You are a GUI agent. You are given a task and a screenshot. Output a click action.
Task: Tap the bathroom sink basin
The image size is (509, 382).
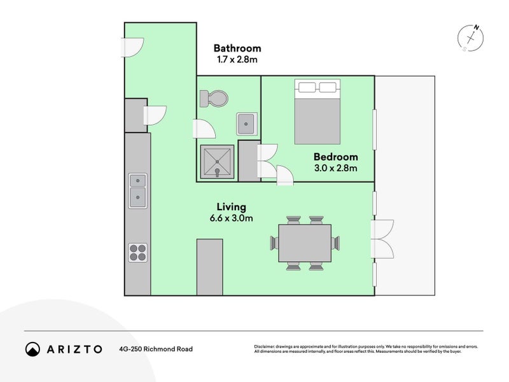coord(246,123)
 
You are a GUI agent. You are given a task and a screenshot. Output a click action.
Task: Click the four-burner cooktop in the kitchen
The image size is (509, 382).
coord(138,253)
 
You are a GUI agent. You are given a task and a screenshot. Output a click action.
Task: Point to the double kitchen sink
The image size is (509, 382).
coord(137,190)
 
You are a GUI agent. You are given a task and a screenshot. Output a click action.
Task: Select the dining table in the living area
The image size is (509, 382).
coord(305,243)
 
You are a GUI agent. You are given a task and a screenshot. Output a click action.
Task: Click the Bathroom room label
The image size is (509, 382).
coord(237,48)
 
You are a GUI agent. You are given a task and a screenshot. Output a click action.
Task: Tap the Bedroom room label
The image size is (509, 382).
coord(335,157)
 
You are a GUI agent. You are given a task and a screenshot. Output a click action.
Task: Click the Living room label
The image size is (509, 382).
coord(231,207)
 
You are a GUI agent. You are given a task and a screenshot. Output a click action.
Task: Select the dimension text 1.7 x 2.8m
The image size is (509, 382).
coord(237,60)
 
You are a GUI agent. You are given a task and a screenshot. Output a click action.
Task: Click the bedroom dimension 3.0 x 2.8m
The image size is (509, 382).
coord(335,168)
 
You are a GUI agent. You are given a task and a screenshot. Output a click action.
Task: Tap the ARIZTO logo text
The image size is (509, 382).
coord(74,349)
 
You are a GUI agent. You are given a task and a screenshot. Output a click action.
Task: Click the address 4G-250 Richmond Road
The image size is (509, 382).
coord(155,349)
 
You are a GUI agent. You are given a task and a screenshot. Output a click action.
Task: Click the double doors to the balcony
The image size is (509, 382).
coord(384,238)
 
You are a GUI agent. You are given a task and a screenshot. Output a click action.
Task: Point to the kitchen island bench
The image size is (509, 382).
coord(209,267)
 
